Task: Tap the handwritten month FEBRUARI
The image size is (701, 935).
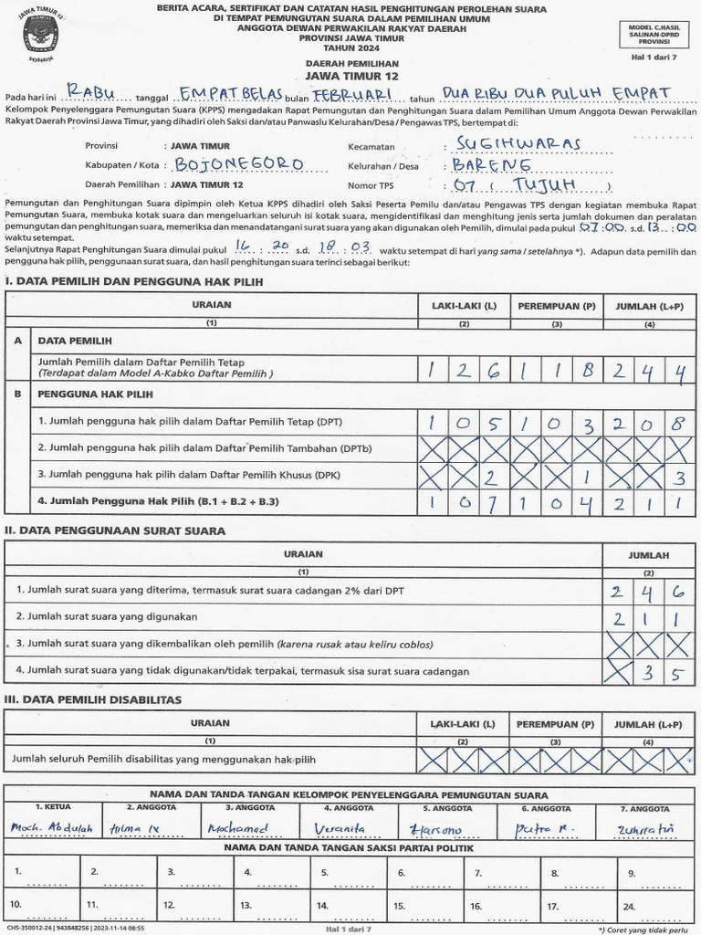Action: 351,95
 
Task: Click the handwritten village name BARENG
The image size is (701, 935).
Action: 491,165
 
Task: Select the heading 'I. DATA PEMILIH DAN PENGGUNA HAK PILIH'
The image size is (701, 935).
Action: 133,282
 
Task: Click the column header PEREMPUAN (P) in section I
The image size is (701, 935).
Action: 556,306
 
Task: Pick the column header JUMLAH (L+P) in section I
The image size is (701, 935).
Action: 648,306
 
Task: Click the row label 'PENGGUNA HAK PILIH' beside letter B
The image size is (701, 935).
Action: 95,394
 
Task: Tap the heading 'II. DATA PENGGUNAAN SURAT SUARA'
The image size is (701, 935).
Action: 115,531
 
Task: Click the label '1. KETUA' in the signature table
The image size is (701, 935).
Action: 52,808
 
